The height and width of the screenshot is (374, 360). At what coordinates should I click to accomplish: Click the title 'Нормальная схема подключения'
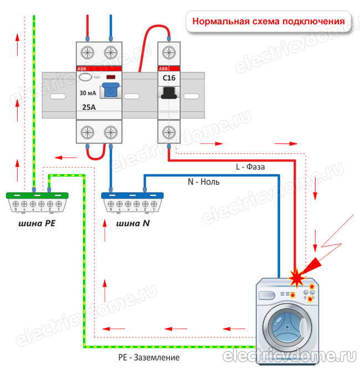coord(269,22)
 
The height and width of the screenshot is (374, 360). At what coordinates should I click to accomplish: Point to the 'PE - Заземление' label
coord(149,357)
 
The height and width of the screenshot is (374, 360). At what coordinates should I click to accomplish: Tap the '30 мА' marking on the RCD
coord(89,92)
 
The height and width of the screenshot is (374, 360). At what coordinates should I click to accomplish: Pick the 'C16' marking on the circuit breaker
coord(168,78)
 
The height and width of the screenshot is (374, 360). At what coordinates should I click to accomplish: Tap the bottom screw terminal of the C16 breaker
coord(168,132)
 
